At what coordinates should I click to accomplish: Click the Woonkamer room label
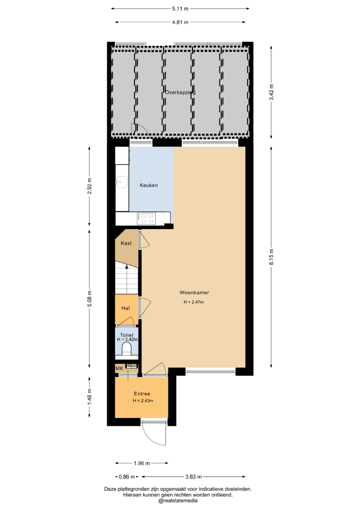[x=194, y=292]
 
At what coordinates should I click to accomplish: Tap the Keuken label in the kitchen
[x=149, y=185]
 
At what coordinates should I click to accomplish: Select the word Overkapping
[x=180, y=93]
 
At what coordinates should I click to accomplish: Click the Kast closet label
[x=126, y=243]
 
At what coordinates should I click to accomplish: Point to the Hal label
[x=126, y=308]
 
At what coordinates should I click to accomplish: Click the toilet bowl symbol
[x=126, y=349]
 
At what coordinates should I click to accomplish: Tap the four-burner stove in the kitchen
[x=146, y=218]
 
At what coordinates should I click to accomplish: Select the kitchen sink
[x=122, y=182]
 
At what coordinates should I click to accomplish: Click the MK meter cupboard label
[x=119, y=368]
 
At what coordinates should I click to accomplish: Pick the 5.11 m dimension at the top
[x=180, y=9]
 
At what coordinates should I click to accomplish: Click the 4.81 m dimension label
[x=180, y=23]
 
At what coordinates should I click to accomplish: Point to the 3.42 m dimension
[x=271, y=92]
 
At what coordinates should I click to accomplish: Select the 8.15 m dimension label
[x=271, y=257]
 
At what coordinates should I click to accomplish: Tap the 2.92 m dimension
[x=90, y=186]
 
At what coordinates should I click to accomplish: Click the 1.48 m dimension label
[x=90, y=397]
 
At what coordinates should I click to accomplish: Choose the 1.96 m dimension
[x=142, y=463]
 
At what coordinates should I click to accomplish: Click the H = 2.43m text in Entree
[x=143, y=401]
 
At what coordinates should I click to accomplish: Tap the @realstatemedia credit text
[x=178, y=501]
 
